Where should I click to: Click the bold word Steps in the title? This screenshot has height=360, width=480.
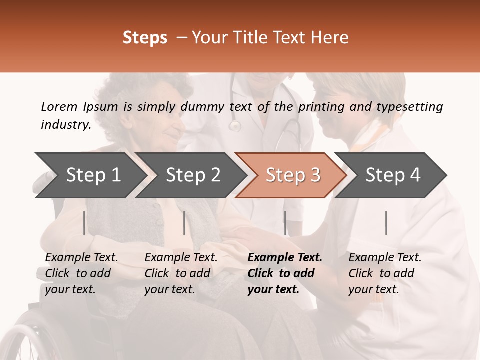point(145,38)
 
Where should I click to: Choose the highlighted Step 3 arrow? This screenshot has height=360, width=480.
point(293,175)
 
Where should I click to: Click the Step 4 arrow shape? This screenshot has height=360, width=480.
point(393,175)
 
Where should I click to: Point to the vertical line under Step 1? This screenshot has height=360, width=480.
point(84,223)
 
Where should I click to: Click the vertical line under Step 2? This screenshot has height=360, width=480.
point(184,223)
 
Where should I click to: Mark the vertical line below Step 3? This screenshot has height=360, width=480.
point(285,223)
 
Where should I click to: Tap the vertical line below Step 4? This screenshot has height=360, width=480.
point(386,223)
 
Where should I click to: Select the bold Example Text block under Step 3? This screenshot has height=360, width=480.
point(285,273)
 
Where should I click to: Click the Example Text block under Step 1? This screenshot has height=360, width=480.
point(81,273)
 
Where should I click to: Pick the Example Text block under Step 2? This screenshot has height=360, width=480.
point(181,273)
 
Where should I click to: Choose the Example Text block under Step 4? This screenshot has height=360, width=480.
point(385,273)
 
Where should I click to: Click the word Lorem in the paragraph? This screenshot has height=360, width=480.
point(59,106)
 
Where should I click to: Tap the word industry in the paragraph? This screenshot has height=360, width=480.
point(65,125)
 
